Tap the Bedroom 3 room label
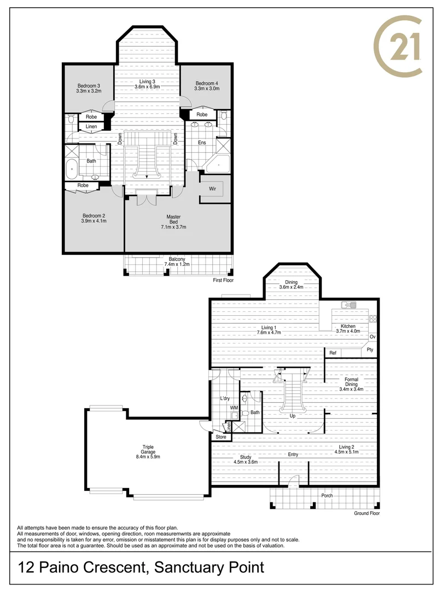click(x=88, y=89)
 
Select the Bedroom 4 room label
click(x=207, y=86)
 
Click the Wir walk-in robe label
click(x=213, y=189)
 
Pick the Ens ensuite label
click(x=202, y=143)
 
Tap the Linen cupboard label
click(x=91, y=127)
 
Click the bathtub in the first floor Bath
click(x=72, y=170)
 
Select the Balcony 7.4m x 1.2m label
click(x=177, y=262)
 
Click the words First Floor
click(x=223, y=280)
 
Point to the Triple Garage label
click(x=148, y=453)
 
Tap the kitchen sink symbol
click(x=348, y=305)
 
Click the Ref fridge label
click(x=333, y=353)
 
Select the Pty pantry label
click(x=370, y=350)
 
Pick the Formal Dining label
click(x=351, y=382)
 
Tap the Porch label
click(x=327, y=496)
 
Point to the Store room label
click(x=220, y=437)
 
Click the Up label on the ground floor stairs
click(x=293, y=416)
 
